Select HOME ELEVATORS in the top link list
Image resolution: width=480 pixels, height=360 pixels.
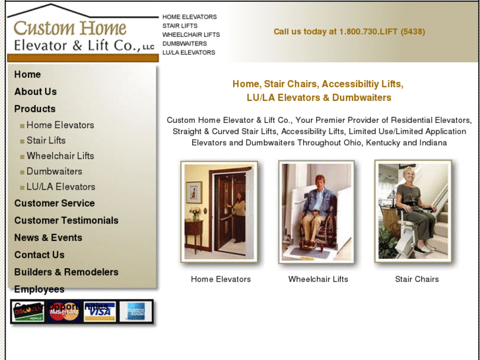189,17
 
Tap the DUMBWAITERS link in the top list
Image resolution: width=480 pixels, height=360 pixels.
184,44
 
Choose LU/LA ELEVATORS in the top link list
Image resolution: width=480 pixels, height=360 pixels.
189,52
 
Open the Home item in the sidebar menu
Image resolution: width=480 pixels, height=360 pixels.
28,75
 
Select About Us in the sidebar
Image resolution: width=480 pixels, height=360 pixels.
36,92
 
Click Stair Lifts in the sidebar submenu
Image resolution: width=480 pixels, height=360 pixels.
46,140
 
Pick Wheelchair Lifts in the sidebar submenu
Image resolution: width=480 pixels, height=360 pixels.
60,156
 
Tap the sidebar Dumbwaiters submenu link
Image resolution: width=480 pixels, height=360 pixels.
54,171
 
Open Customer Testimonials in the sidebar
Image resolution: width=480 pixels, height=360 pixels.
66,221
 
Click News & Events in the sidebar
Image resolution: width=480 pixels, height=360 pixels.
48,238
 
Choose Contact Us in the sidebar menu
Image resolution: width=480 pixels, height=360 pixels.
40,255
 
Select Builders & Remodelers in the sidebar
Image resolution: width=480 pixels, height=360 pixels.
66,272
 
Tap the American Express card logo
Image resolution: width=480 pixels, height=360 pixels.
136,311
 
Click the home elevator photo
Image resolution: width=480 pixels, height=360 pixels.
220,211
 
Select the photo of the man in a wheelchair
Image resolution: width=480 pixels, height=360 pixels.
316,211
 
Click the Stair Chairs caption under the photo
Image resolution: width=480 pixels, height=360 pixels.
417,279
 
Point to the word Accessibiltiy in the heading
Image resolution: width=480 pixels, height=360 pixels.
359,84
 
